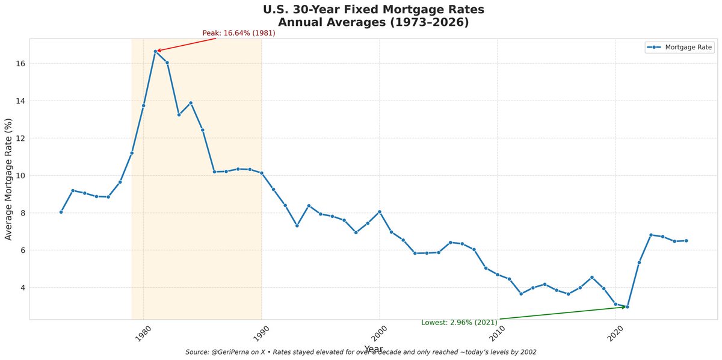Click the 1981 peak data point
pyautogui.click(x=155, y=51)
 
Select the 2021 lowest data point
pyautogui.click(x=627, y=307)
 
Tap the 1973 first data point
pyautogui.click(x=61, y=212)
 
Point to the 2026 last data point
pyautogui.click(x=687, y=241)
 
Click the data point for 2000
pyautogui.click(x=380, y=212)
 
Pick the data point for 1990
pyautogui.click(x=262, y=173)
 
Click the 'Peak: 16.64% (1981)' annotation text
pyautogui.click(x=239, y=33)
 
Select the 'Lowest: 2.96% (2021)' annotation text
pyautogui.click(x=459, y=322)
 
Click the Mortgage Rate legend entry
pyautogui.click(x=679, y=48)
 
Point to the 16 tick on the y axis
pyautogui.click(x=20, y=64)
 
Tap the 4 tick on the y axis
pyautogui.click(x=23, y=287)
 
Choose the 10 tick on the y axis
pyautogui.click(x=20, y=175)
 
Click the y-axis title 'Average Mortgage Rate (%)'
pyautogui.click(x=8, y=179)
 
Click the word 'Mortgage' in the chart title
pyautogui.click(x=412, y=10)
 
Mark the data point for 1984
pyautogui.click(x=191, y=103)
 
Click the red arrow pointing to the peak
pyautogui.click(x=187, y=45)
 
